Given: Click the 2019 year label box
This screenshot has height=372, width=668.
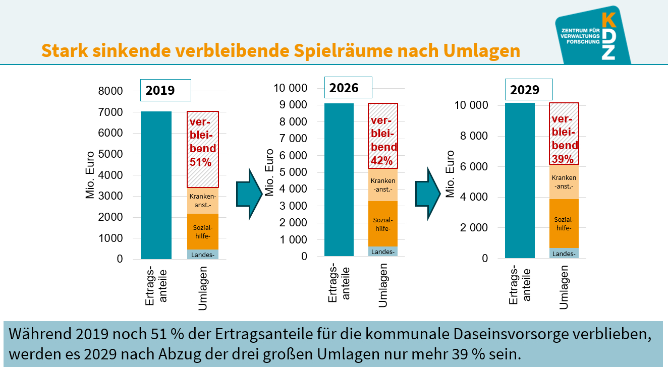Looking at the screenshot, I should (165, 91).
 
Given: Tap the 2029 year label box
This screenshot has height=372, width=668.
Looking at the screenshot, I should (529, 90).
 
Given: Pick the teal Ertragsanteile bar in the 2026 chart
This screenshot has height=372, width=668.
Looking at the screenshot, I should (339, 179).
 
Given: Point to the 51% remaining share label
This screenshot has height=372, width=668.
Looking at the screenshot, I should (200, 162).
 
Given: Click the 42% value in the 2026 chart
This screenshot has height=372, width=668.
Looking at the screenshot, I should (382, 161).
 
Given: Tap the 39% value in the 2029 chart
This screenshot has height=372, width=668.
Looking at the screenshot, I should (563, 159).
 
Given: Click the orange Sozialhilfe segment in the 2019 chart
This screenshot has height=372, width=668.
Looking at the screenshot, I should (202, 231).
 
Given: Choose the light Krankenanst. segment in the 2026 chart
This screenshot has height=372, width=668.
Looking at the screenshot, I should (383, 184).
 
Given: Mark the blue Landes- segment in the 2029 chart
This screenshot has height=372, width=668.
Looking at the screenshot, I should (564, 253).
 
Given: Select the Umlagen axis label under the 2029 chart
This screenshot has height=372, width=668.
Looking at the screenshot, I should (564, 287).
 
